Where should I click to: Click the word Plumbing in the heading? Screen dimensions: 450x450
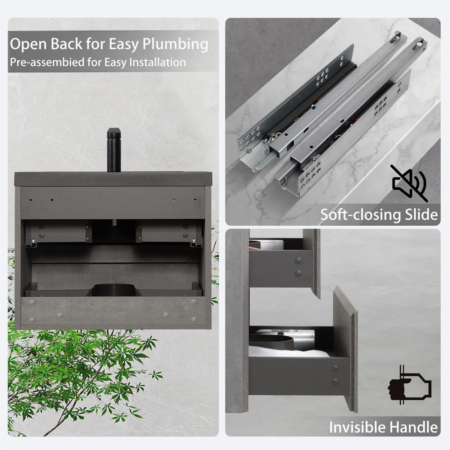click(x=175, y=44)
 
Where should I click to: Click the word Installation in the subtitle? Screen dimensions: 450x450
click(x=157, y=62)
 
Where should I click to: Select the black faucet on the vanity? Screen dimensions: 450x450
click(x=114, y=150)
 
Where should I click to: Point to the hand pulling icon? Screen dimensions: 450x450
click(x=410, y=386)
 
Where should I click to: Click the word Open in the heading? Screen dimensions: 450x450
click(x=28, y=44)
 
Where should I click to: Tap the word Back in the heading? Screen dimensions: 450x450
click(x=66, y=44)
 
